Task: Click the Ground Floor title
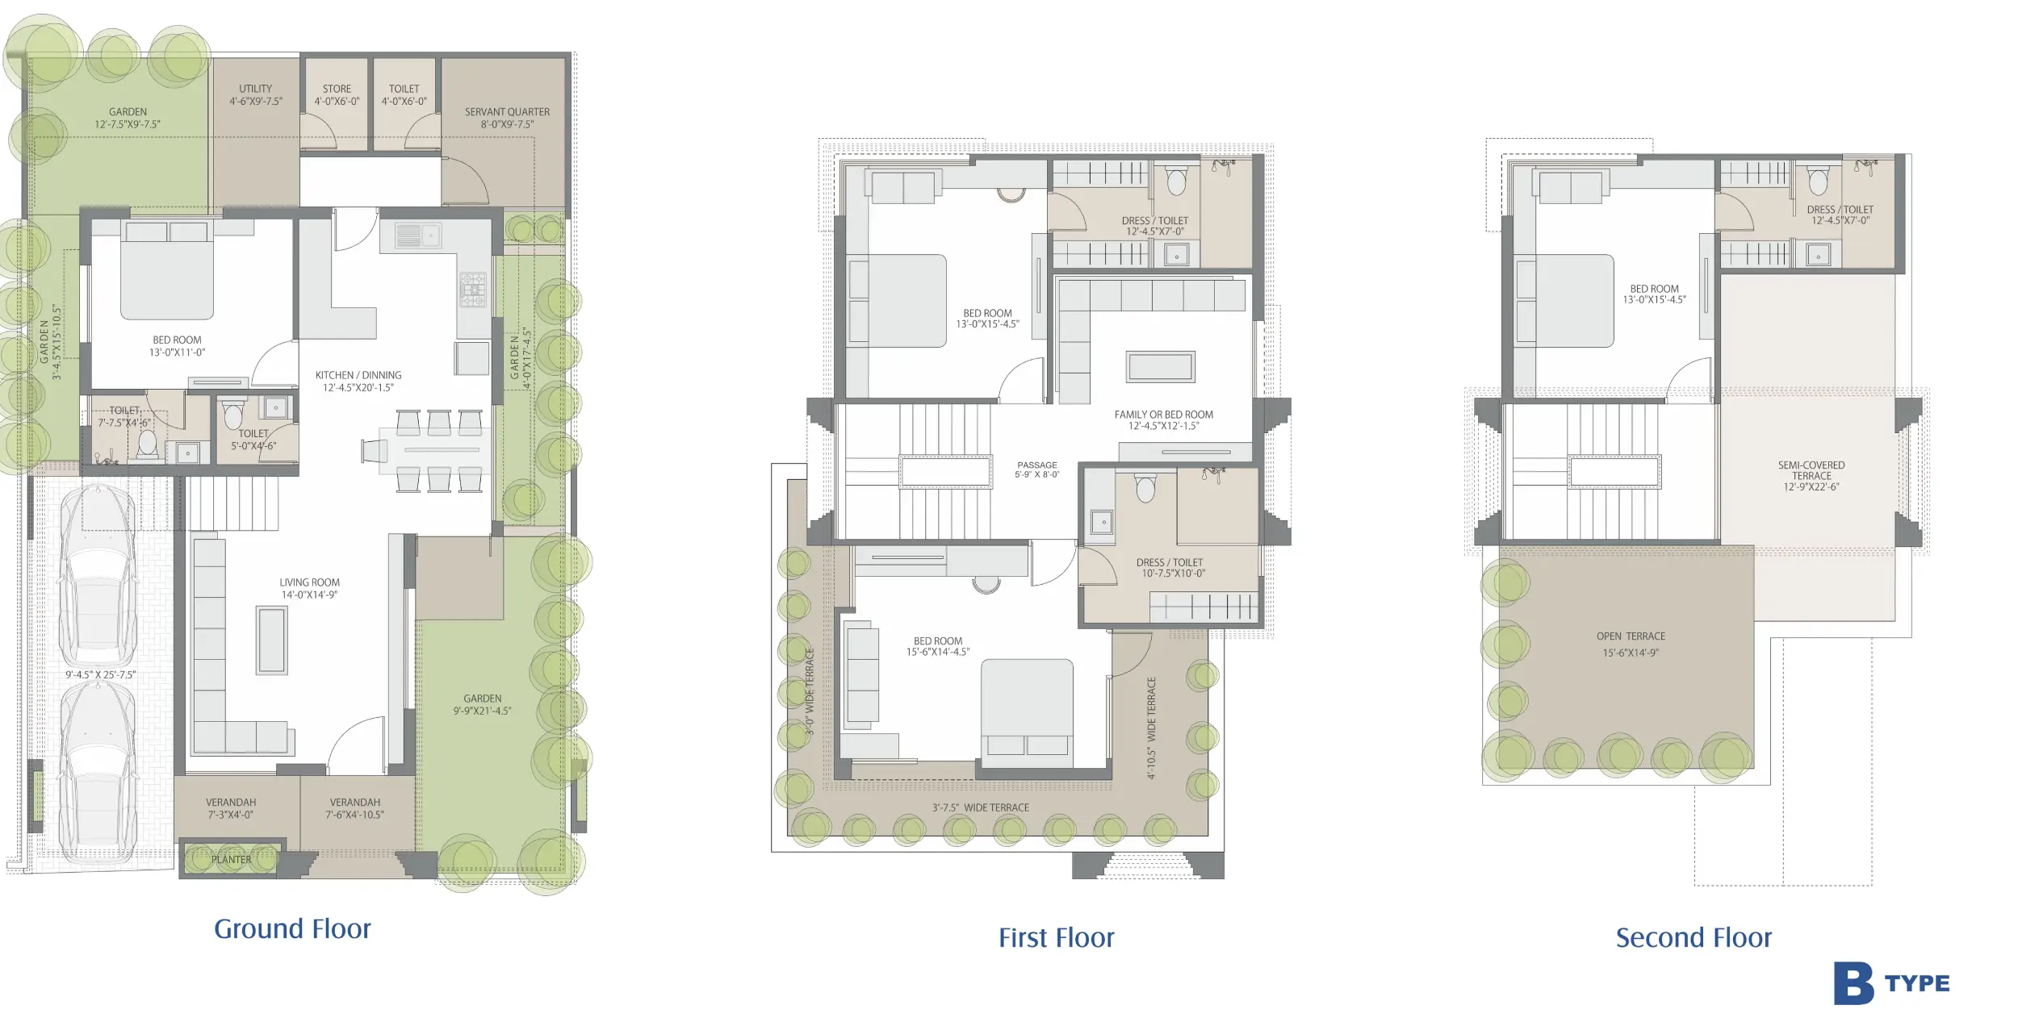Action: click(x=292, y=929)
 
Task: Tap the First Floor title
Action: click(x=1056, y=938)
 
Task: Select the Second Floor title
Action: click(x=1694, y=938)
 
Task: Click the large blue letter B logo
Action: click(x=1853, y=983)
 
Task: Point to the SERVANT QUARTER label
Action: click(x=507, y=112)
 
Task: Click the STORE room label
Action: click(x=337, y=89)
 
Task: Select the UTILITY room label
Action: click(x=255, y=89)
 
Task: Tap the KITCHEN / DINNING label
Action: click(x=358, y=375)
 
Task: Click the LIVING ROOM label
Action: click(x=309, y=582)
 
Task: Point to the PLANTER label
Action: click(x=232, y=860)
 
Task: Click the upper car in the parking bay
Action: click(x=98, y=574)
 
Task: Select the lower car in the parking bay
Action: click(x=98, y=773)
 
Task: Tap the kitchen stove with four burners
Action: click(x=474, y=290)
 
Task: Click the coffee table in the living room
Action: click(x=271, y=640)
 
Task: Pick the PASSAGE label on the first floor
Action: click(x=1037, y=465)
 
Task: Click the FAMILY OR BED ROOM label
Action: click(x=1163, y=415)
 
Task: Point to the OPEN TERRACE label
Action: click(x=1631, y=636)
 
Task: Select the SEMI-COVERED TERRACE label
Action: click(x=1811, y=470)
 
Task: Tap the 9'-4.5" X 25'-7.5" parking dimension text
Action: click(x=101, y=675)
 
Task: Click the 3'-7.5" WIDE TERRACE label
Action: click(x=981, y=807)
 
